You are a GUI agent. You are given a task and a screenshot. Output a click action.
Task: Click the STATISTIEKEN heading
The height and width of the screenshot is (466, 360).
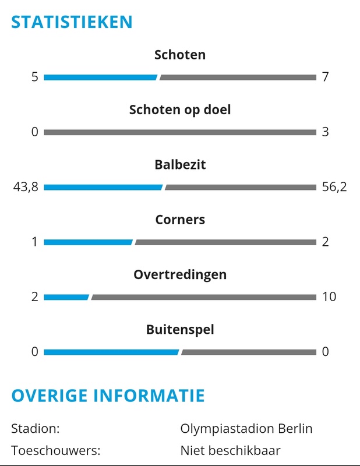(72, 22)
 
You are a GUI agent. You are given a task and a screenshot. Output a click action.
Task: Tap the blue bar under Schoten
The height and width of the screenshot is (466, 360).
(100, 77)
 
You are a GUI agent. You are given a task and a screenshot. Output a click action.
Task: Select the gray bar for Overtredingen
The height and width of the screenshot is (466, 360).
(203, 297)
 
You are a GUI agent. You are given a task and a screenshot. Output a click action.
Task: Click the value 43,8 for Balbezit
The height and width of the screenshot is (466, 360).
(25, 187)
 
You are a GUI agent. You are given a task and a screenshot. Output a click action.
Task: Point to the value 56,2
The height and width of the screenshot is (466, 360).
(334, 187)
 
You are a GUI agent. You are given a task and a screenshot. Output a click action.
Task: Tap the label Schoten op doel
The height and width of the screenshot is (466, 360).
(180, 110)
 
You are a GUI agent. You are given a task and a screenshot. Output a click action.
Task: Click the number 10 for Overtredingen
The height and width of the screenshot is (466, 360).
(329, 296)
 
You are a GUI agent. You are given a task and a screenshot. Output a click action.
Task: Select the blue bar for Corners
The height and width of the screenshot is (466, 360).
(88, 242)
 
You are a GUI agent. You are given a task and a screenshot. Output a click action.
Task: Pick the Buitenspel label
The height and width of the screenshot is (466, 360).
(180, 330)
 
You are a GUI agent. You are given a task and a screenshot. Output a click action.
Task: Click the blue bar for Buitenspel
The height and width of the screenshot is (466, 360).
(111, 352)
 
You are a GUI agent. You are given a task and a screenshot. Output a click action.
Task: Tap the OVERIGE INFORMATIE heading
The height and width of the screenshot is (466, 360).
(108, 396)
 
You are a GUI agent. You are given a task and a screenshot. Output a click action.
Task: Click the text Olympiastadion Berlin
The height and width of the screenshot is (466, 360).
(246, 429)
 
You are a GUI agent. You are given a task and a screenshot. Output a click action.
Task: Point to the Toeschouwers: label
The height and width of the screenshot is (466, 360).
(55, 450)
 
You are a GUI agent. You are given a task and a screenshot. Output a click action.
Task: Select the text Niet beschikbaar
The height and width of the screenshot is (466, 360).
(231, 450)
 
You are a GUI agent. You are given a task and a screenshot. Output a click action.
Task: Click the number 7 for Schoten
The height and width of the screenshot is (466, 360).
(325, 77)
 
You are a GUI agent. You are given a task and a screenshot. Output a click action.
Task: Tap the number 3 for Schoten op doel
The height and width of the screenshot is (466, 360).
(325, 132)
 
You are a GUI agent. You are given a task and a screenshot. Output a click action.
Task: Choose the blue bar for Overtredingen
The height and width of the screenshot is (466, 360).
(66, 297)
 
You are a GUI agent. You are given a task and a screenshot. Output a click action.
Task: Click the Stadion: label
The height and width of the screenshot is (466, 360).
(36, 429)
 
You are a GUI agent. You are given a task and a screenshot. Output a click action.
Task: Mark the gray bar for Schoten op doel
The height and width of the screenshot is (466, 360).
(180, 132)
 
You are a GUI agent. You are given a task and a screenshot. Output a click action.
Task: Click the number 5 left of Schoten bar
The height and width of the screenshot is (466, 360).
(35, 77)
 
